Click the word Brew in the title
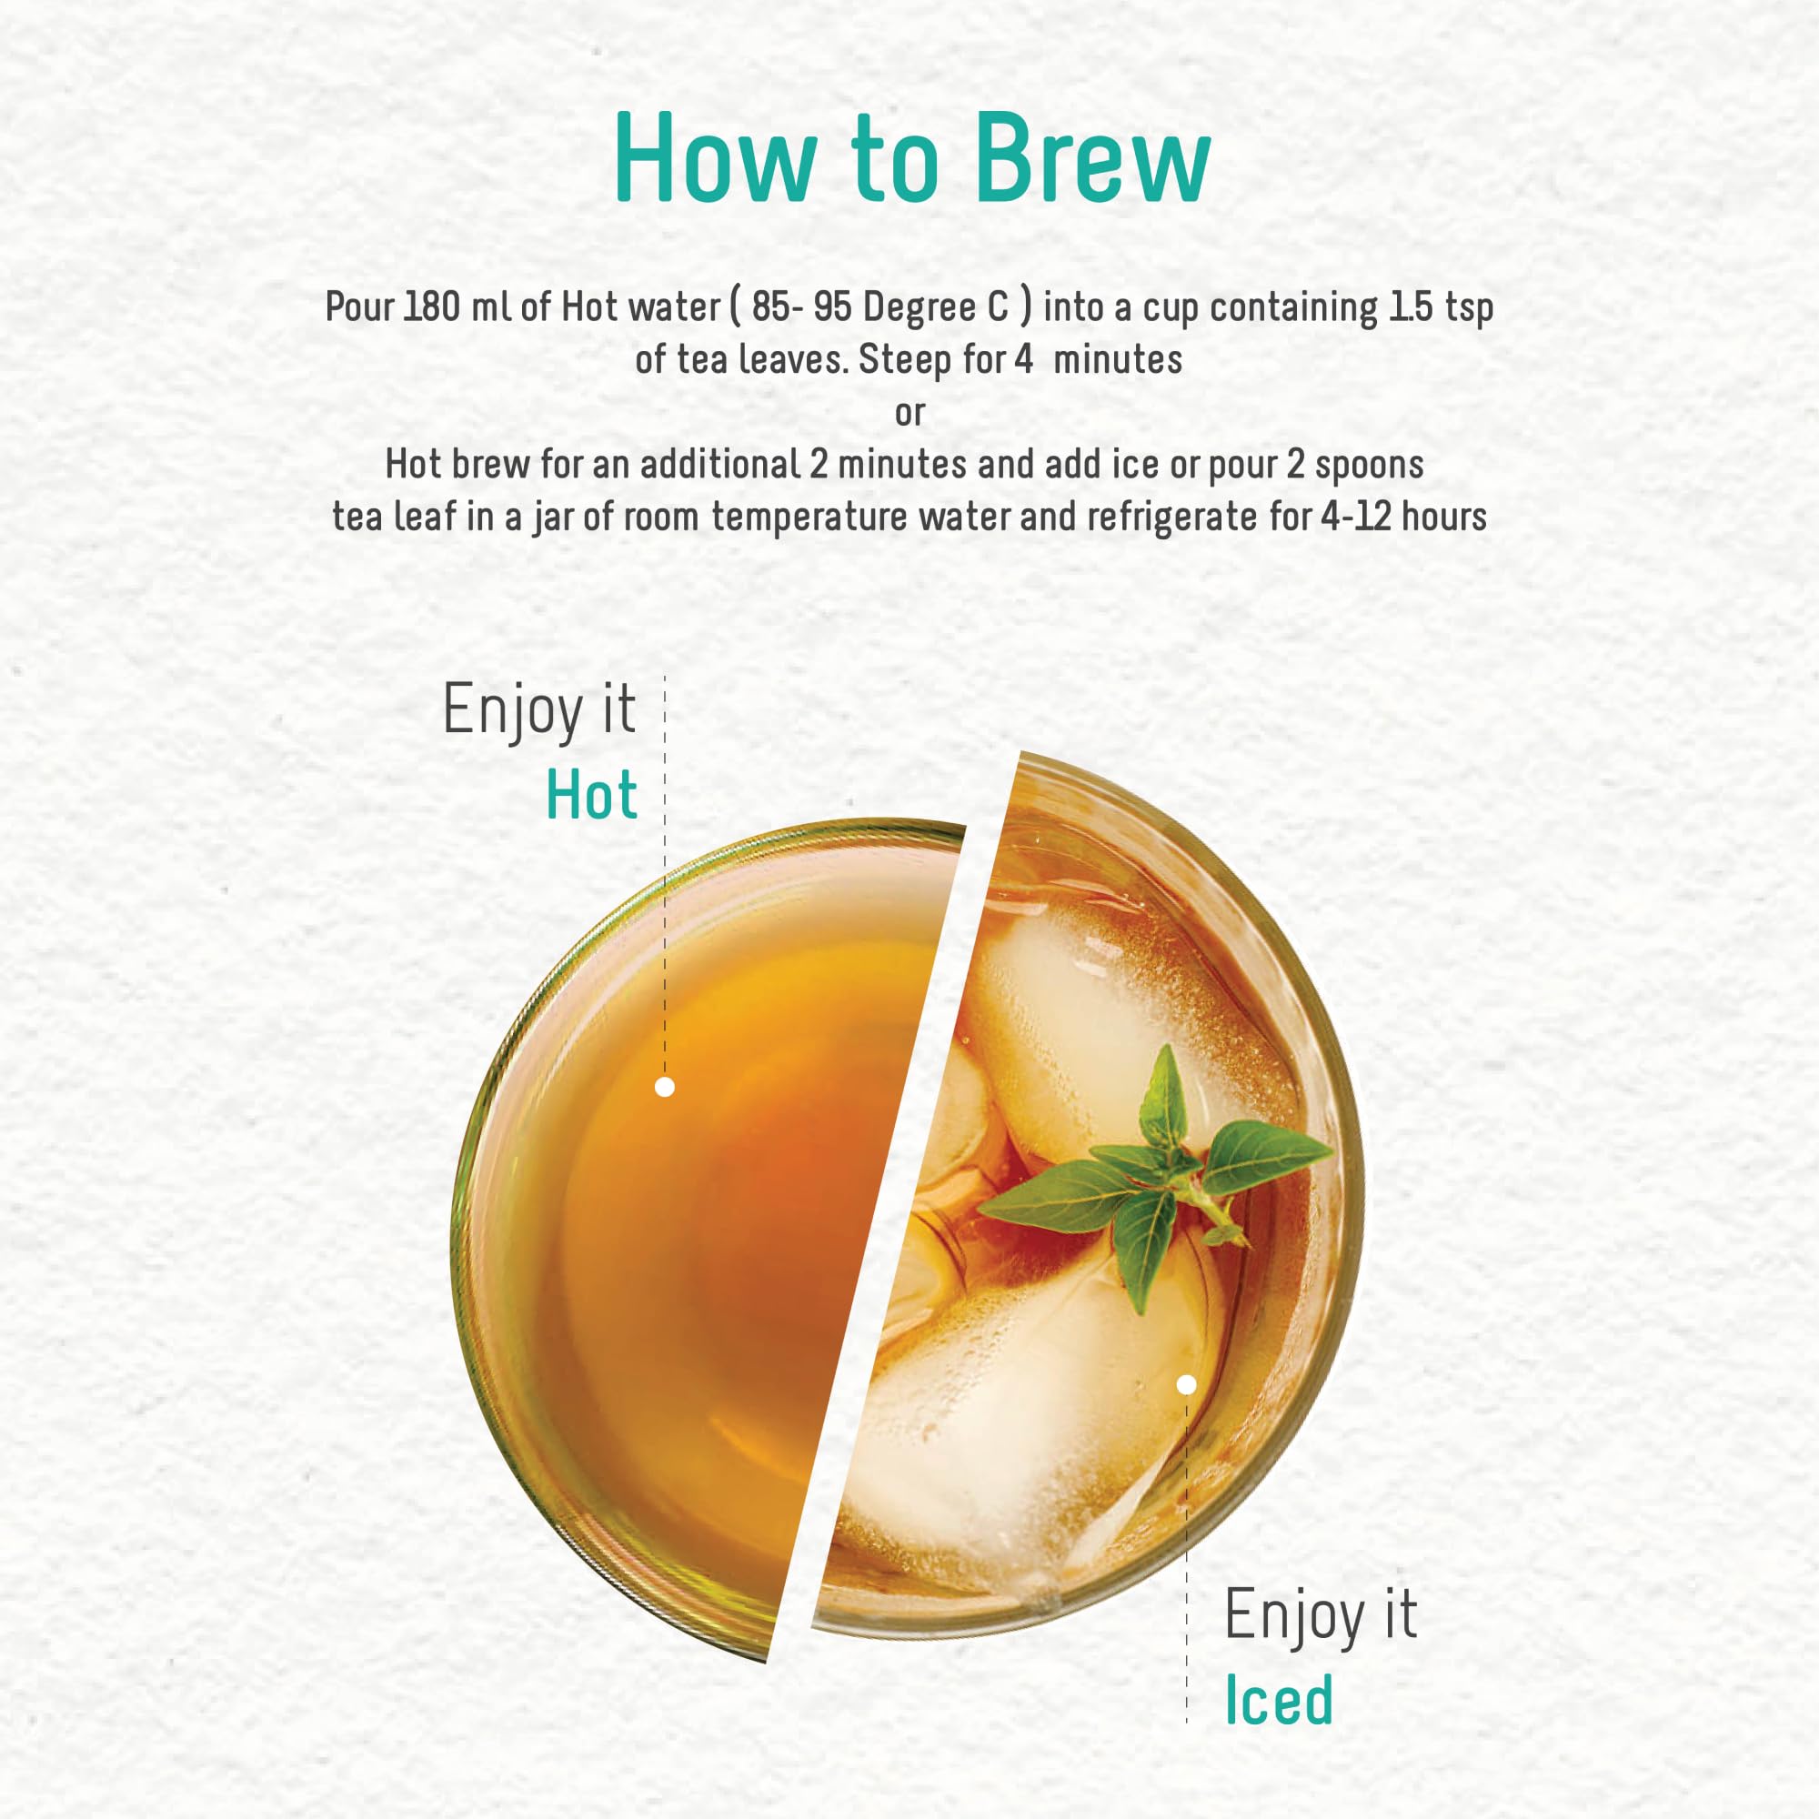(x=1092, y=157)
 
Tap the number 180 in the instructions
(x=432, y=308)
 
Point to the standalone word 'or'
(x=909, y=413)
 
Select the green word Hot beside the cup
(x=591, y=796)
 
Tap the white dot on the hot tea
(x=664, y=1088)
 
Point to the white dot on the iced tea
(x=1186, y=1384)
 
